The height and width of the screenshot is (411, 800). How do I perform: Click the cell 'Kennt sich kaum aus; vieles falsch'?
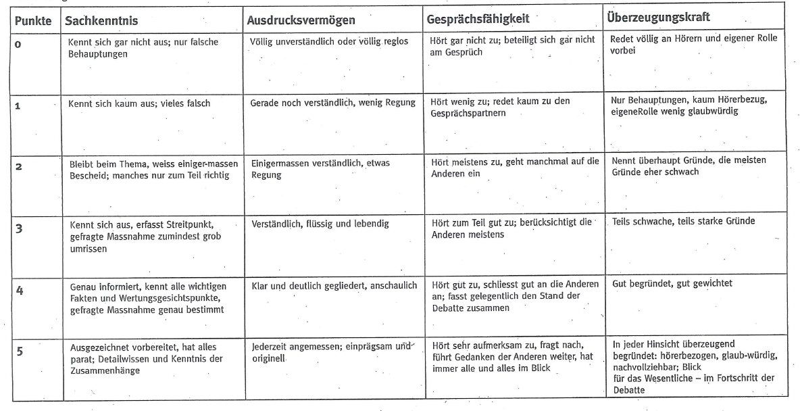140,105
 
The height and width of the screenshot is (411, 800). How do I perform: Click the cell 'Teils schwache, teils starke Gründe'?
682,220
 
